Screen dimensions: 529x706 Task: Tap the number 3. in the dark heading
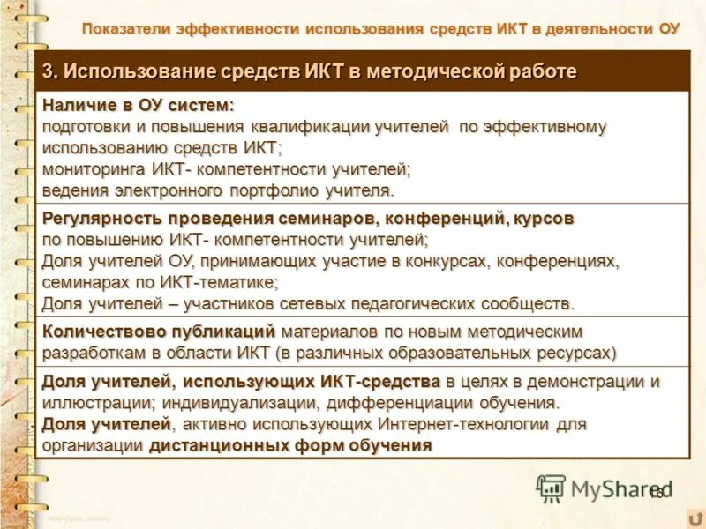(x=50, y=71)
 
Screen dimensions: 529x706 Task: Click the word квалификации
(x=310, y=127)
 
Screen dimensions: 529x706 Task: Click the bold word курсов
(x=540, y=218)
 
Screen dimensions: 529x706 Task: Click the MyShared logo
(x=604, y=488)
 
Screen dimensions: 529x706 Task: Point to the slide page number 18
(x=655, y=493)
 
